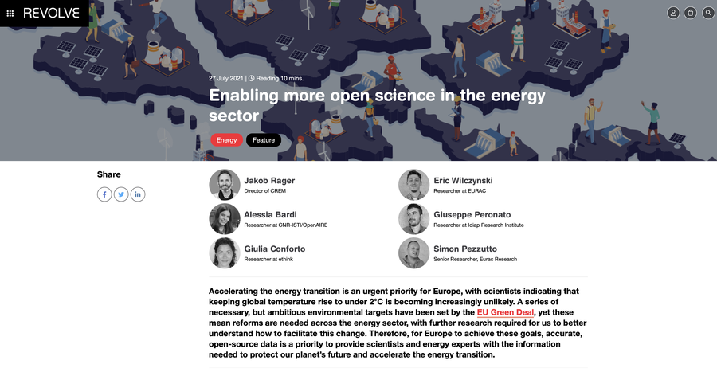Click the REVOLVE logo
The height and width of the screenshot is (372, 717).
point(51,14)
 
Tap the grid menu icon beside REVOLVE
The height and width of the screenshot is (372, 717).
point(10,14)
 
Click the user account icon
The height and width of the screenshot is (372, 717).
point(673,13)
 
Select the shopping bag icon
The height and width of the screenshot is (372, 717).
point(691,13)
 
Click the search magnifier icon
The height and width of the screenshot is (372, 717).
point(708,13)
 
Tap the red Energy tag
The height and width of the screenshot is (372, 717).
point(226,140)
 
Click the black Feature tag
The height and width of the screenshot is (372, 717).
point(264,140)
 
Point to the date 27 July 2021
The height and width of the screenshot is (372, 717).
point(226,78)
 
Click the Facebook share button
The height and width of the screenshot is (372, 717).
point(104,194)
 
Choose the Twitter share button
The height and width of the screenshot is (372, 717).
point(121,194)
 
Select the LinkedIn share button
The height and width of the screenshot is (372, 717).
point(138,194)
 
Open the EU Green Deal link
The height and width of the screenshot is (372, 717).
point(505,312)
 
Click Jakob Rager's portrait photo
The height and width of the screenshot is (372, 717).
point(225,185)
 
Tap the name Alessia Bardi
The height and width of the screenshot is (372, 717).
point(270,214)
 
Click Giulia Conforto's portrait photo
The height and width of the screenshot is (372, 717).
point(225,253)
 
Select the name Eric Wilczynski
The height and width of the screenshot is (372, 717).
point(463,181)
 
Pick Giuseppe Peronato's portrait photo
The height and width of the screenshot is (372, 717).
point(413,219)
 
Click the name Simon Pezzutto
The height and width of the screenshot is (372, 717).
point(465,249)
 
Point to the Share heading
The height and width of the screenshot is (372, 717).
point(109,174)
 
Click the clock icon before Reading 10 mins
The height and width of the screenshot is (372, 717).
point(251,78)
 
